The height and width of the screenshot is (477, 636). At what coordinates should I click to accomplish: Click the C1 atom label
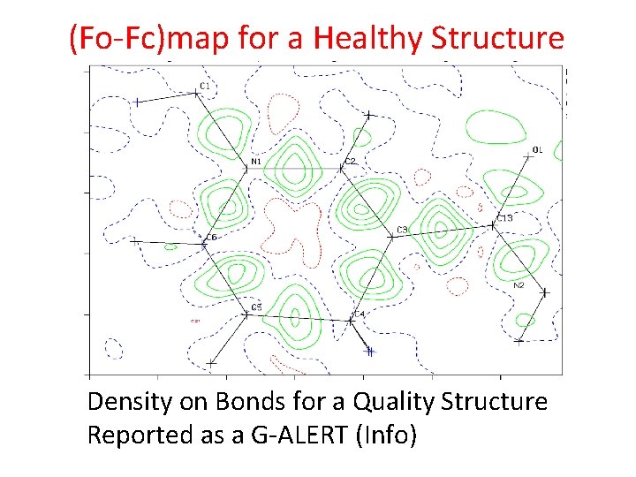[205, 86]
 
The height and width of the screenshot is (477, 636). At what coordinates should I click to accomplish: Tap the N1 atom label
[255, 162]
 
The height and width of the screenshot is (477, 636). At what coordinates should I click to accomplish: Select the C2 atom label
[350, 162]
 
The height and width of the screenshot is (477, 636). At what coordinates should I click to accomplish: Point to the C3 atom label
[402, 230]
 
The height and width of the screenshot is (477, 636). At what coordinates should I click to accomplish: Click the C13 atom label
[504, 217]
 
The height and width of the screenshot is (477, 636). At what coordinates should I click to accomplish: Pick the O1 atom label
[538, 149]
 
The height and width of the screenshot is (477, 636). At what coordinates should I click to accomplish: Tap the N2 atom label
[519, 285]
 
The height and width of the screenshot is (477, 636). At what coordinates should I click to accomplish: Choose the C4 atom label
[359, 314]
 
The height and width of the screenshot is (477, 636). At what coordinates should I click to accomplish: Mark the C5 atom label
[256, 307]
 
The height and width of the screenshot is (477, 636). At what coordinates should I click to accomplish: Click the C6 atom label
[210, 237]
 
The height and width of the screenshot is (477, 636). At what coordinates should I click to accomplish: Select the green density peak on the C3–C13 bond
[439, 226]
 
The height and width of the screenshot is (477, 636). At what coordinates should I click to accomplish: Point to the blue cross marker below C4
[370, 352]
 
